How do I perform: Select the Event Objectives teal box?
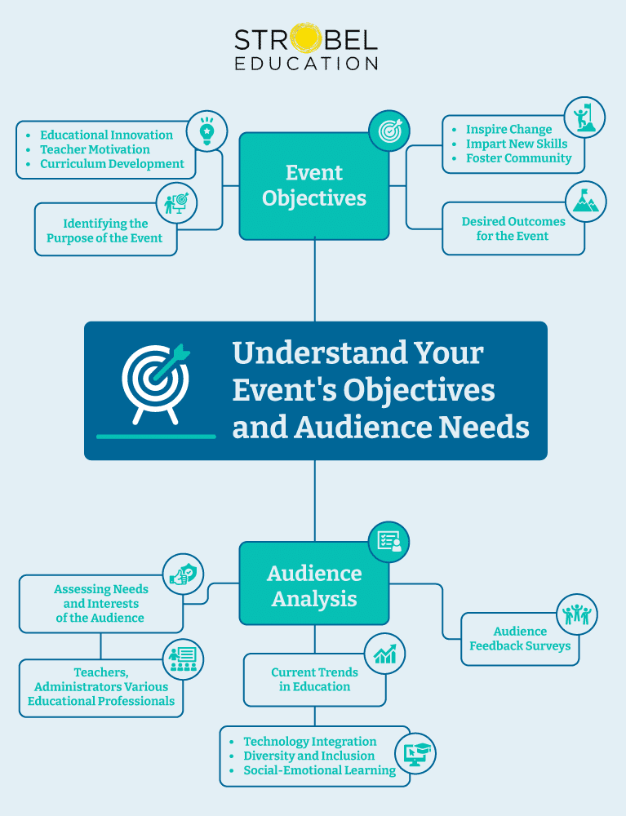pos(314,186)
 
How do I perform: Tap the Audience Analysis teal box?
pos(314,586)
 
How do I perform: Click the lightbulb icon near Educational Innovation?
pos(206,131)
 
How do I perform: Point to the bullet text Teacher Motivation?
pos(95,149)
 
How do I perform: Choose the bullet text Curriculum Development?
pos(112,163)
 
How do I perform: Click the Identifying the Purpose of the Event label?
pos(104,230)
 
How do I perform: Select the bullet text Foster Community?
pos(518,158)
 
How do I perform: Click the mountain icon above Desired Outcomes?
pos(585,202)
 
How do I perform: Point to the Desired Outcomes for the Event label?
pos(513,228)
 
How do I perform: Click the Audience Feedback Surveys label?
pos(520,638)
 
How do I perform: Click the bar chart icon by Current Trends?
pos(384,654)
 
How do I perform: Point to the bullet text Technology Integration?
pos(309,741)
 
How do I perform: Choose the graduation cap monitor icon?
pos(415,753)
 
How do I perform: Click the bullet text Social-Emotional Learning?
pos(319,770)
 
